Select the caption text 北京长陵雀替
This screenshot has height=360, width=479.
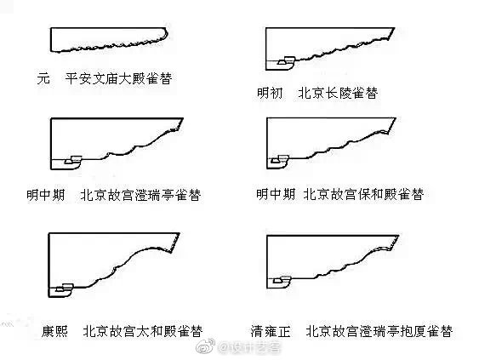[x=337, y=92]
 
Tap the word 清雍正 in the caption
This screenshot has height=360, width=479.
[x=271, y=331]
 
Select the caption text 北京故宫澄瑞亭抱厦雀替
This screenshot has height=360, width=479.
[x=379, y=331]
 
